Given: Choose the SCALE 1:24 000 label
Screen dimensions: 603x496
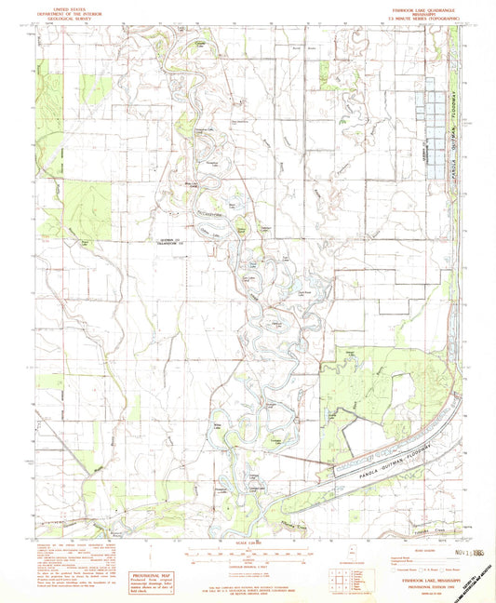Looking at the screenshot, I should coord(248,543).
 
